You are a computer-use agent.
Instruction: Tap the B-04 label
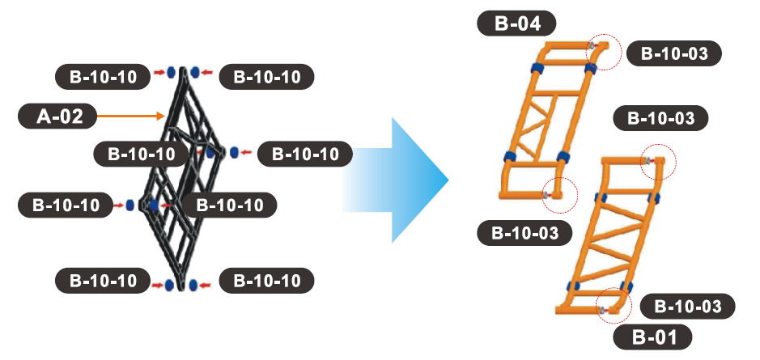[x=516, y=22]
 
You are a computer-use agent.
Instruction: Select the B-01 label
[x=650, y=336]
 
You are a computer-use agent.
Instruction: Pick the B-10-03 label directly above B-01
[x=686, y=307]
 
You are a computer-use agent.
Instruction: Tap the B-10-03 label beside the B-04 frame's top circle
[x=673, y=54]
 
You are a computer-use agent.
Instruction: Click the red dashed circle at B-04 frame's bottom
[x=558, y=194]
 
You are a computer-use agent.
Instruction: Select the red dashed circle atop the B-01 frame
[x=656, y=164]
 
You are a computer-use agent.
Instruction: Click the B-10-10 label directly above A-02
[x=103, y=77]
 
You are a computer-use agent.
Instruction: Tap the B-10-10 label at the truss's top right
[x=267, y=77]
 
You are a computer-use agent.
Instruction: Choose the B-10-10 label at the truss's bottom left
[x=103, y=282]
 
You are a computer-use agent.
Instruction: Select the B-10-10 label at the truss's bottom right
[x=267, y=282]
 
